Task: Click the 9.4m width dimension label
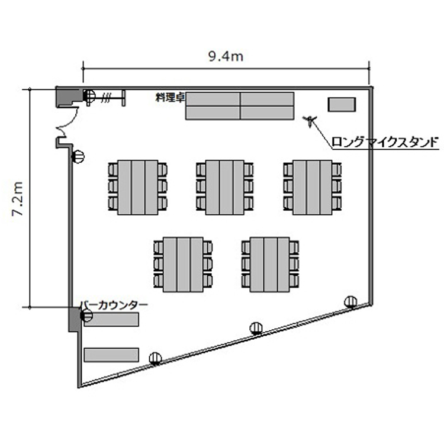(x=226, y=57)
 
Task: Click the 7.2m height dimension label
(x=18, y=198)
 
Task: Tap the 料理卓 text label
(x=170, y=98)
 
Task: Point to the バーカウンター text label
(x=114, y=305)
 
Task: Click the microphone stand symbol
(x=310, y=121)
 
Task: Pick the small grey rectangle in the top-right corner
(x=342, y=104)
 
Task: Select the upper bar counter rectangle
(x=111, y=320)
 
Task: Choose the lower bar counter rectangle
(x=111, y=355)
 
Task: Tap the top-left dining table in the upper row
(x=137, y=188)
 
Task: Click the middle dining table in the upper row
(x=225, y=188)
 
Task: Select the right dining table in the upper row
(x=313, y=188)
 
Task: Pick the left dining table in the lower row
(x=183, y=265)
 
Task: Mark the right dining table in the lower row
(x=270, y=265)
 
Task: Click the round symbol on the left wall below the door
(x=78, y=157)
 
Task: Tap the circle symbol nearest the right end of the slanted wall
(x=350, y=302)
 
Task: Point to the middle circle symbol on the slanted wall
(x=256, y=329)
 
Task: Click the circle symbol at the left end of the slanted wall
(x=155, y=358)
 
